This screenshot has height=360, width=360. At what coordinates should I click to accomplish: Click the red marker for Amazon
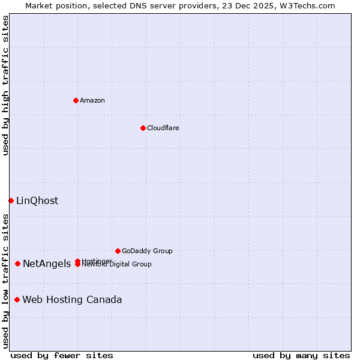[x=76, y=100]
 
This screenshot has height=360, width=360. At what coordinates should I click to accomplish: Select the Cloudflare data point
[x=143, y=128]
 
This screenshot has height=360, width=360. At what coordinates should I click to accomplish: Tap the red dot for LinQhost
[x=11, y=200]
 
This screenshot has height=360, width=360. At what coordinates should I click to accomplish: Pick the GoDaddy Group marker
[x=118, y=251]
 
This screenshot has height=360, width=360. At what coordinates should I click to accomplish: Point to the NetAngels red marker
[x=18, y=263]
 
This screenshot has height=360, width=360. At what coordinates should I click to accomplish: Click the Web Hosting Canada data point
[x=17, y=299]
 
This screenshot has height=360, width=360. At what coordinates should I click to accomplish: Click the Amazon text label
[x=92, y=100]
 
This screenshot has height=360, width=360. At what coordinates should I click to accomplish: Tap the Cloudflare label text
[x=163, y=128]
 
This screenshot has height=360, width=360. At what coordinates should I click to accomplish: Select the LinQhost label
[x=37, y=201]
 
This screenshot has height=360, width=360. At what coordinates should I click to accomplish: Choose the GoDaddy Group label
[x=147, y=251]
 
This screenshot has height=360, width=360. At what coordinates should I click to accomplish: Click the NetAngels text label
[x=47, y=264]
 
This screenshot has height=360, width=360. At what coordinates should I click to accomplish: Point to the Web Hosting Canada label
[x=72, y=300]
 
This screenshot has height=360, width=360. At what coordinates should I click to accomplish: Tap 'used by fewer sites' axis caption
[x=62, y=355]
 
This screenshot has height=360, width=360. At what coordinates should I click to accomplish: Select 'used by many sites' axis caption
[x=301, y=355]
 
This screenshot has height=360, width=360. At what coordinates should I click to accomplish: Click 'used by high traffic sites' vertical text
[x=5, y=85]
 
